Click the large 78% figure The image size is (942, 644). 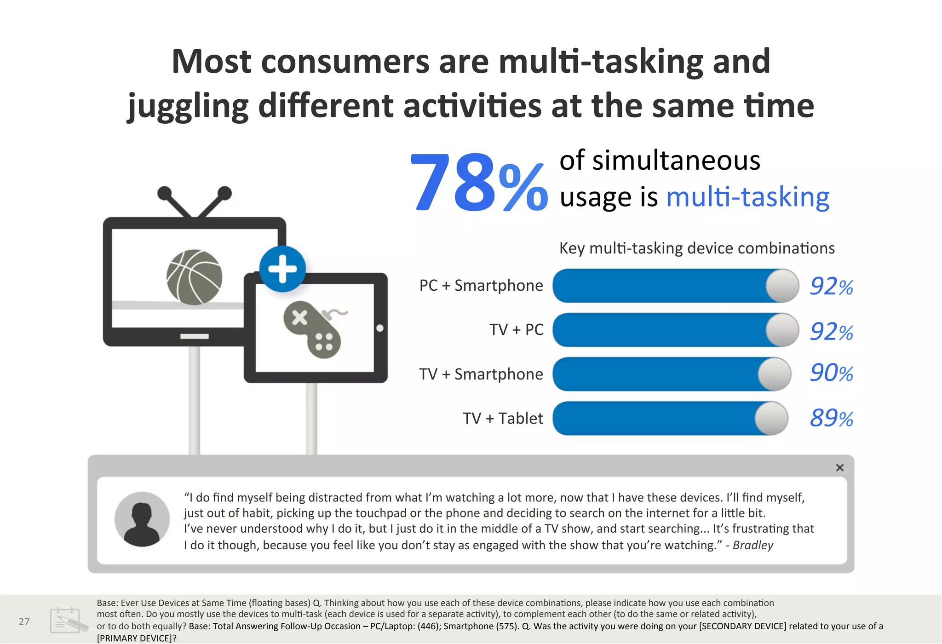pos(478,183)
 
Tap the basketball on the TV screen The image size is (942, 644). pos(195,277)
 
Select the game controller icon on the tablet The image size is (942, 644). pos(312,329)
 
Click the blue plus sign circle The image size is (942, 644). pos(282,269)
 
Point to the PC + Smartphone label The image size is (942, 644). pos(481,286)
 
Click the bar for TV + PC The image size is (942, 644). pos(662,330)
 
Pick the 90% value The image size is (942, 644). pos(831,373)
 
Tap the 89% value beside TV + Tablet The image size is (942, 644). pos(831,418)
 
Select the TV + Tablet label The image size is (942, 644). pos(502,419)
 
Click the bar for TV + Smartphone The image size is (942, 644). pos(658,374)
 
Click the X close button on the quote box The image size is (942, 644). pos(839,468)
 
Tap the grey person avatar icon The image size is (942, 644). pos(142,519)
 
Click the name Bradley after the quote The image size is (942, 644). pos(752,545)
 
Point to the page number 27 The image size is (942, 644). pos(24,621)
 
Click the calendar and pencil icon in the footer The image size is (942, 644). pos(69,620)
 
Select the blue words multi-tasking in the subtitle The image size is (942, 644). pos(747,197)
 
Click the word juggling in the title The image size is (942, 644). pos(188,106)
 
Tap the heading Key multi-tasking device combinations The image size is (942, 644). pos(696,248)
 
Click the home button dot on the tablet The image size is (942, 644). pos(380,328)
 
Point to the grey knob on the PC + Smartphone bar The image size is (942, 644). pos(782,286)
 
